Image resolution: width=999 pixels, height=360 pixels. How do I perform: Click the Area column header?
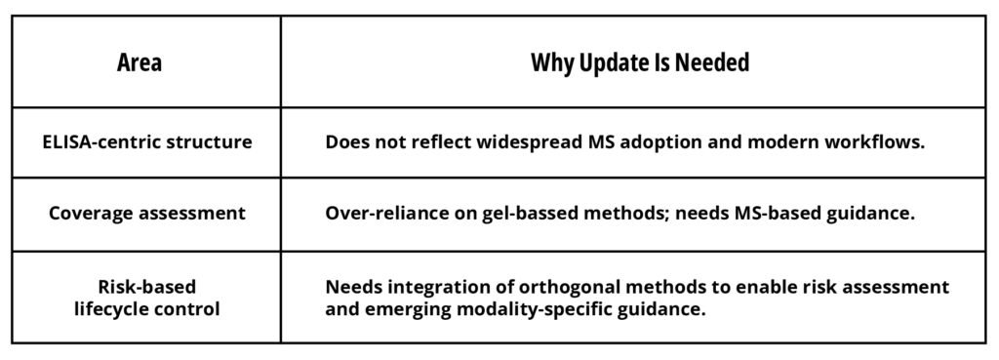(x=139, y=62)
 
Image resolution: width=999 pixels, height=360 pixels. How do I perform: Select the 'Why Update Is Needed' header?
(x=640, y=62)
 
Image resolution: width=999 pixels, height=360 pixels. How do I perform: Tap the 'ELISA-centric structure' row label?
(x=147, y=141)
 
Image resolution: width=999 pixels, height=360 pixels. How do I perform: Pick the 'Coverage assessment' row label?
(x=147, y=213)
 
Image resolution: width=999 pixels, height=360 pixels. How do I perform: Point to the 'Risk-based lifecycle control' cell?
(x=147, y=298)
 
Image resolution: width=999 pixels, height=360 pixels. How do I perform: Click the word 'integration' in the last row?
(x=440, y=288)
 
